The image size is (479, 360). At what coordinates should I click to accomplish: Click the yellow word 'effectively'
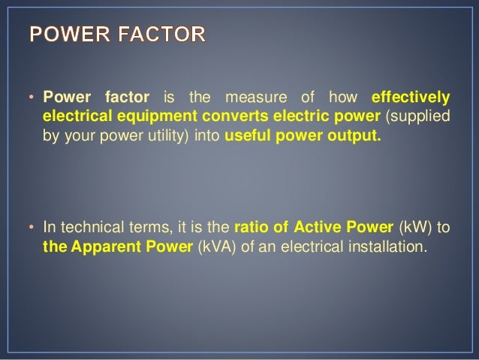411,98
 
